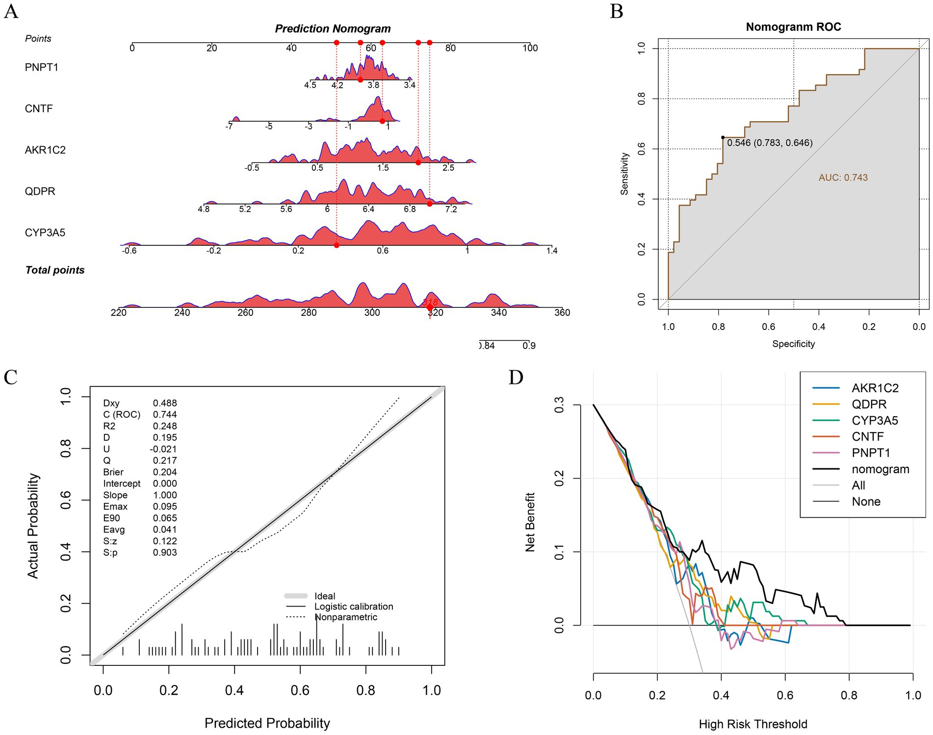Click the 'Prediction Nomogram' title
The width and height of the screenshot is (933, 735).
click(x=333, y=29)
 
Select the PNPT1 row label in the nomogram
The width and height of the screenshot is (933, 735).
click(x=42, y=67)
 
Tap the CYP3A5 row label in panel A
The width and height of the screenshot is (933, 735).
click(x=45, y=232)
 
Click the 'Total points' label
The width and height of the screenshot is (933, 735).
click(x=55, y=270)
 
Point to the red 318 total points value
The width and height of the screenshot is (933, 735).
click(x=430, y=302)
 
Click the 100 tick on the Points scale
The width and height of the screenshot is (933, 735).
click(x=530, y=48)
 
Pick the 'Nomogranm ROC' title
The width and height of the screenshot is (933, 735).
click(x=793, y=27)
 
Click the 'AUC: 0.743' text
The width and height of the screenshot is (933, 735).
click(x=843, y=177)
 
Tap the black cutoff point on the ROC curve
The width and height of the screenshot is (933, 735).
click(x=723, y=137)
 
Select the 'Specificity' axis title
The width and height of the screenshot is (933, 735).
click(x=793, y=344)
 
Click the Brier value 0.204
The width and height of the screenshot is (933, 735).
click(x=165, y=472)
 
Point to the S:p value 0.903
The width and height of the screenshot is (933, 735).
click(x=165, y=553)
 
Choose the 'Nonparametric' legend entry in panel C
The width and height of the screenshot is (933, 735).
click(x=346, y=617)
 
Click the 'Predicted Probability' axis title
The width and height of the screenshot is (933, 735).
click(x=267, y=723)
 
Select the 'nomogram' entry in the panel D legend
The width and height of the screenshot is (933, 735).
click(x=881, y=469)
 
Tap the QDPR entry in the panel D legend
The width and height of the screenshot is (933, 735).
click(x=869, y=405)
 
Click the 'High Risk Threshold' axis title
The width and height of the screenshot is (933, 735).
click(x=753, y=724)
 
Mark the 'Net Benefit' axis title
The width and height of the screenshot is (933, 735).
click(x=530, y=522)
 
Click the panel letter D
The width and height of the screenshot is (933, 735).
click(x=516, y=378)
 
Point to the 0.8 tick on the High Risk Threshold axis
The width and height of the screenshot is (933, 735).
click(x=849, y=695)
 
